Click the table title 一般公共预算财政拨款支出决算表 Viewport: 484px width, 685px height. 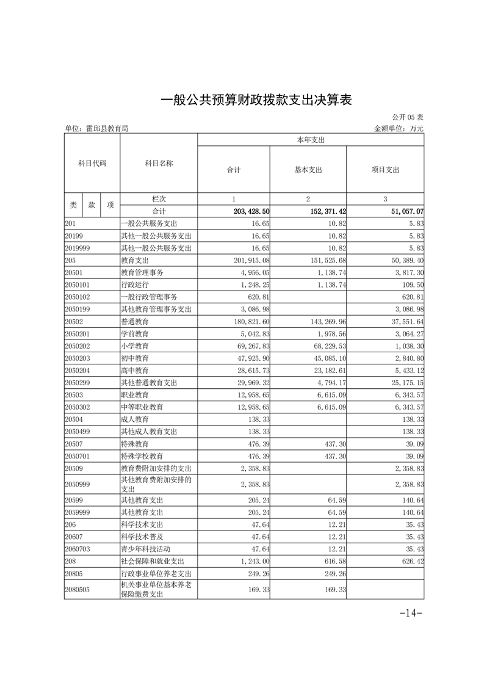256,100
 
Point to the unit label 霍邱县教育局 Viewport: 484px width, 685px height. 96,129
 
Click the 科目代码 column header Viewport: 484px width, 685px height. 92,164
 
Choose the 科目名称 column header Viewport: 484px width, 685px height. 159,164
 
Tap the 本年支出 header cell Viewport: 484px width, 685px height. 310,140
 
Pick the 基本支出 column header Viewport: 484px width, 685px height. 308,170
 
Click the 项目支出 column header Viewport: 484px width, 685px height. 385,170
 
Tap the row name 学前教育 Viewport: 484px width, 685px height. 135,334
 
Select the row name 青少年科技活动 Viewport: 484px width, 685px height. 147,549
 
